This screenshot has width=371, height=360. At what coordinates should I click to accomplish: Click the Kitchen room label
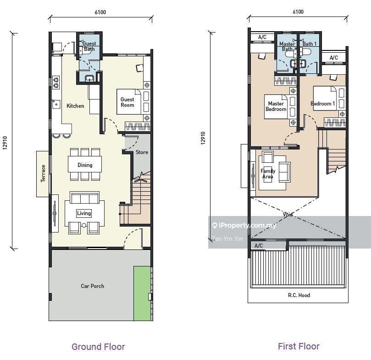tap(75, 106)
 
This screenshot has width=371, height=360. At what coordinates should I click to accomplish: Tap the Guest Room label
tap(127, 102)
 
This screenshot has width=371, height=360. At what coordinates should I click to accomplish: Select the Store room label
tap(142, 152)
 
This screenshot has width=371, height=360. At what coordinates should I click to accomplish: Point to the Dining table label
tap(85, 165)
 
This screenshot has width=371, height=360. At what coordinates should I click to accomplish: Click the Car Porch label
tap(93, 286)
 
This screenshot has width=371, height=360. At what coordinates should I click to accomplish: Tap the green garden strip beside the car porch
tap(142, 294)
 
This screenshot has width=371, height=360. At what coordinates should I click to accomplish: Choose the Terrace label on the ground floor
tap(43, 173)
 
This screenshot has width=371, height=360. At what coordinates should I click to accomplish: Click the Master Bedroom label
tap(276, 106)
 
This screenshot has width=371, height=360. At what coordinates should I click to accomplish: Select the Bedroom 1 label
tap(323, 104)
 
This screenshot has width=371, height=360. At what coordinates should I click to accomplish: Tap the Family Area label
tap(268, 174)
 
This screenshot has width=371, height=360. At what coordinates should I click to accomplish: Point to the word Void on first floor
tap(288, 215)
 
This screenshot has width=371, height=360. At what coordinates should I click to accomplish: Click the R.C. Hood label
tap(299, 295)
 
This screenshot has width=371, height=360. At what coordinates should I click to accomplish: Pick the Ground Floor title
tap(98, 347)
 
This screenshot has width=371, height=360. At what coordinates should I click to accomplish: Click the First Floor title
tap(299, 346)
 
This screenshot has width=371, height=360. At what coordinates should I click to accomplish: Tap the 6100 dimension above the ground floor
tap(100, 12)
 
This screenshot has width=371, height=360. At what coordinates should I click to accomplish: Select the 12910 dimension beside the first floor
tap(203, 138)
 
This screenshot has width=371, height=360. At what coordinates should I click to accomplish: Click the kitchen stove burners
tap(56, 83)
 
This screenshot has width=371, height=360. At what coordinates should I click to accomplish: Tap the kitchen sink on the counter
tap(56, 104)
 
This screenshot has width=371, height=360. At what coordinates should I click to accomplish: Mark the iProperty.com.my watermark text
tap(244, 225)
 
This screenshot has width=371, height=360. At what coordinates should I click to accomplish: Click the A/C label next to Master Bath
tap(262, 37)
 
